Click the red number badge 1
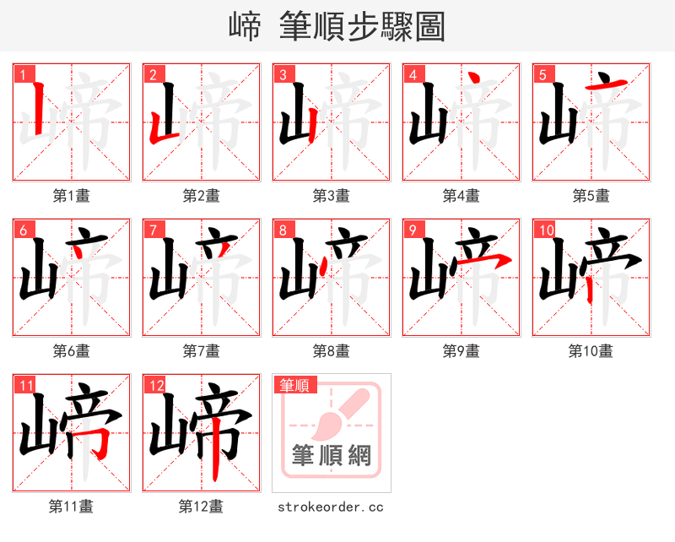pos(21,74)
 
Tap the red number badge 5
pos(541,74)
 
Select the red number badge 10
pos(545,230)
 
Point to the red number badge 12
pos(155,385)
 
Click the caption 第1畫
pos(71,196)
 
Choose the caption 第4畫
pos(461,196)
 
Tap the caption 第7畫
pos(201,351)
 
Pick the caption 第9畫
pos(461,351)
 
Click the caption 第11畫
pos(71,507)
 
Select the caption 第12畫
pos(201,507)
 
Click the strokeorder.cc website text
pos(331,507)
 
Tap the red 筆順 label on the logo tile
pos(294,385)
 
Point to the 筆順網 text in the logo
pos(331,456)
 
